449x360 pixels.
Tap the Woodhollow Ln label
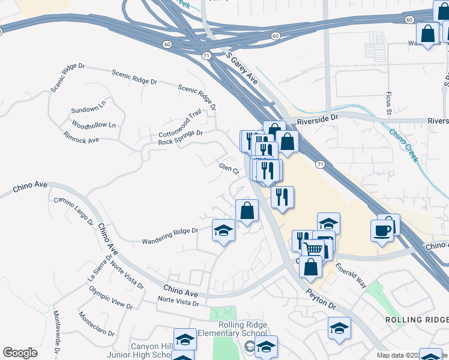click(x=93, y=125)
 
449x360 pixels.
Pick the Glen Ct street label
click(x=229, y=169)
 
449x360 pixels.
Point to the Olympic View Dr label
click(x=111, y=298)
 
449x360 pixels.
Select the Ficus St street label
click(x=388, y=103)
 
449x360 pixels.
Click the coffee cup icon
click(x=382, y=230)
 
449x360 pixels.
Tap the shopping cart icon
click(x=313, y=248)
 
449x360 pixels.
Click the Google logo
click(x=20, y=353)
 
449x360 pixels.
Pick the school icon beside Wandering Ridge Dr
click(x=223, y=230)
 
